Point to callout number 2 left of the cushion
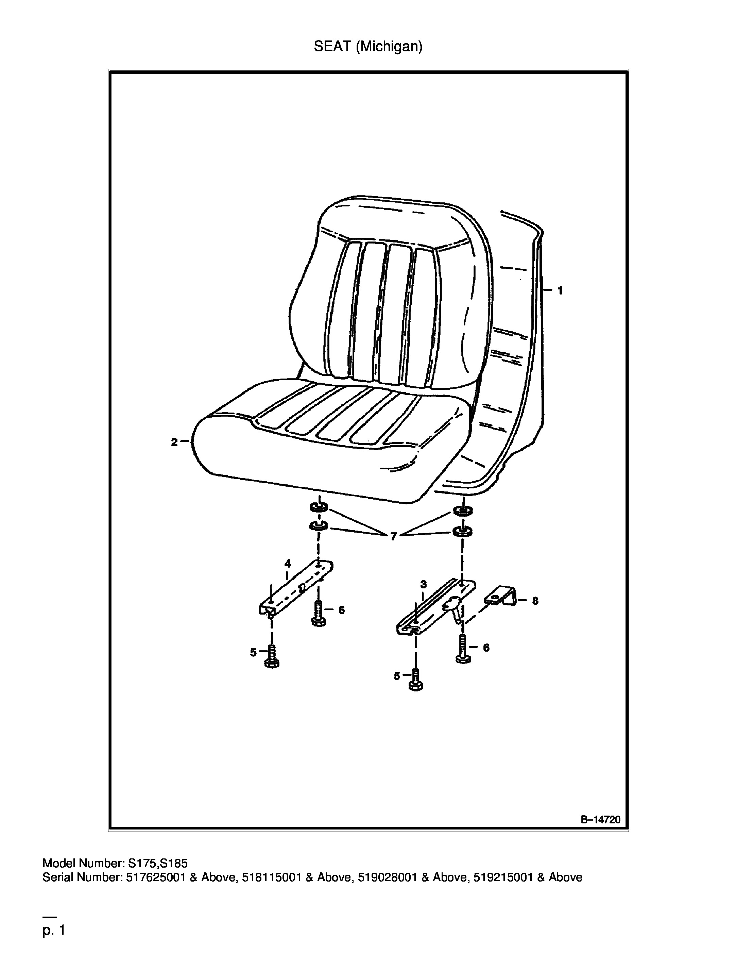(x=174, y=442)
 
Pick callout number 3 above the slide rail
(x=423, y=584)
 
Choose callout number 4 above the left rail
(x=288, y=563)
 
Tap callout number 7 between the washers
(x=393, y=537)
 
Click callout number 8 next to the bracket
(x=535, y=601)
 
